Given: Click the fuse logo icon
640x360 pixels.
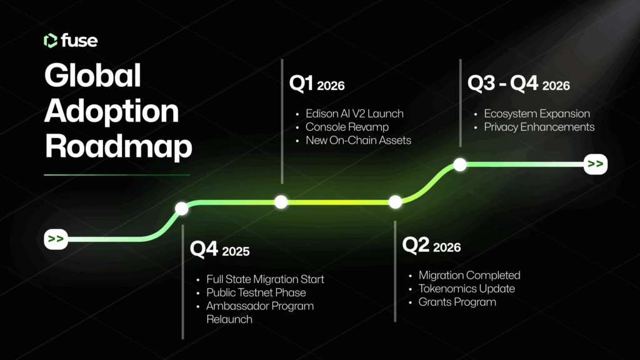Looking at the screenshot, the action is [51, 41].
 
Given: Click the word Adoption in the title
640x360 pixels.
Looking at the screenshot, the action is [111, 111].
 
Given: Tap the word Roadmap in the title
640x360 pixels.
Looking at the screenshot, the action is [118, 146].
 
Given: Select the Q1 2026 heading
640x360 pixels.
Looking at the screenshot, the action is [317, 84].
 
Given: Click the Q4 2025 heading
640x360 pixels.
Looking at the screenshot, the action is [219, 249].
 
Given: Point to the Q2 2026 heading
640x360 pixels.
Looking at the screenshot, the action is [431, 245].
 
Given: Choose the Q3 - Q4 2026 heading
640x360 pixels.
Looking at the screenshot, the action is [518, 84].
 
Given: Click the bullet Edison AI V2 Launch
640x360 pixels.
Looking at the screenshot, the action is [354, 114].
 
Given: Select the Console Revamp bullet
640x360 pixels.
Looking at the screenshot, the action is [347, 127].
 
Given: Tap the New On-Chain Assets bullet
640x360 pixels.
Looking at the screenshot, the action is [358, 141].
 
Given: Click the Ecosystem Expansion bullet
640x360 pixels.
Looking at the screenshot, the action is [537, 114].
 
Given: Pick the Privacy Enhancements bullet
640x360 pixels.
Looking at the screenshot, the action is [539, 127].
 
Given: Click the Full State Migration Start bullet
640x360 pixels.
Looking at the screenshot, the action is [265, 279].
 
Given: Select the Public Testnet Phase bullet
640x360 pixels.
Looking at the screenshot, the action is [256, 292].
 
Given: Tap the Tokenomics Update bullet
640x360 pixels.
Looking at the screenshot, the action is [466, 289].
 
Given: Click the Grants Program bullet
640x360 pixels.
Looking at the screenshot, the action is [457, 302].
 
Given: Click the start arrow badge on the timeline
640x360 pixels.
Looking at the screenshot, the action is [56, 239].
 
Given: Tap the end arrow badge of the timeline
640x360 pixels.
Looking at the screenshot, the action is [596, 164].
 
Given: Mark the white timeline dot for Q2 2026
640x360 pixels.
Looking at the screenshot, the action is [395, 202].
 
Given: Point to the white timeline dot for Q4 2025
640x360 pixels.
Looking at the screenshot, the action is [182, 209].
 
